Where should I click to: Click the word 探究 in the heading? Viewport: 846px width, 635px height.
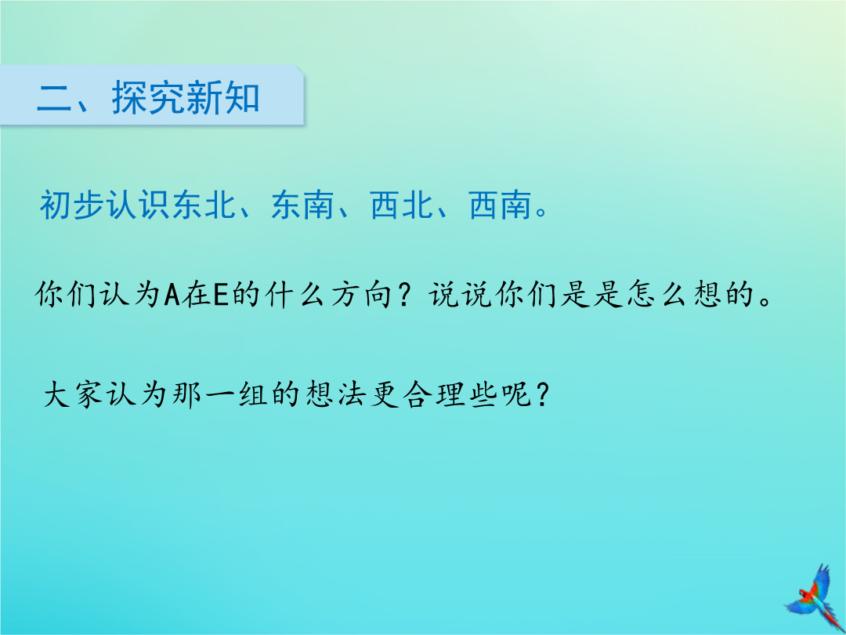coord(148,98)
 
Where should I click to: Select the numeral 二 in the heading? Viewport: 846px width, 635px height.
coord(55,99)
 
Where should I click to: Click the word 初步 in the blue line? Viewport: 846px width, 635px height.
coord(73,205)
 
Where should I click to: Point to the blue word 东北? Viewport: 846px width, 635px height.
coord(204,205)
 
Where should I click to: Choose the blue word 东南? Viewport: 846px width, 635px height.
coord(302,205)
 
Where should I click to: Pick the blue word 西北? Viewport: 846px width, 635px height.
coord(402,205)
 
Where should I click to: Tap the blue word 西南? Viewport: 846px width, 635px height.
coord(501,205)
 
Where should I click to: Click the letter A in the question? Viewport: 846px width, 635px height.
coord(172,295)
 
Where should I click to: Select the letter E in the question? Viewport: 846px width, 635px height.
coord(221,295)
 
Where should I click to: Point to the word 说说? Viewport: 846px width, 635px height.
coord(462,295)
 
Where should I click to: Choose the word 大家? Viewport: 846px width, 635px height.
coord(73,394)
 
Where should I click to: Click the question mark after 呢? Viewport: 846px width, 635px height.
coord(542,394)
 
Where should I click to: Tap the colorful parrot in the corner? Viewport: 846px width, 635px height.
coord(815,597)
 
